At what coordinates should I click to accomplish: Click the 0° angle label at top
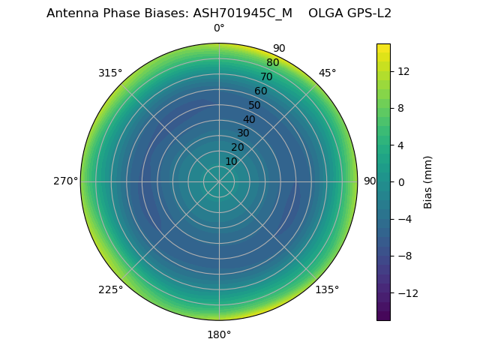(x=219, y=28)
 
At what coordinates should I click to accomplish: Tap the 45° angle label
(x=327, y=73)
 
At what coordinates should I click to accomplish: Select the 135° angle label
(x=327, y=289)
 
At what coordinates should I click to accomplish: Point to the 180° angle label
(x=219, y=334)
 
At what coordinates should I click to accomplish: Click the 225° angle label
(x=110, y=289)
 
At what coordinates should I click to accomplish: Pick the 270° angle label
(x=65, y=181)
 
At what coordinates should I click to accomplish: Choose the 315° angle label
(x=110, y=73)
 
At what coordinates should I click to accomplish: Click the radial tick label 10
(x=231, y=161)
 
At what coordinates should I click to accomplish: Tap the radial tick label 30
(x=243, y=133)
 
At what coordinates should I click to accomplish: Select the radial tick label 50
(x=255, y=105)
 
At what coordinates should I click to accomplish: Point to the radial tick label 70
(x=266, y=76)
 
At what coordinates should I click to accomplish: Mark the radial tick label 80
(x=272, y=63)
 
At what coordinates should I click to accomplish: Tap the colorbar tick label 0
(x=401, y=182)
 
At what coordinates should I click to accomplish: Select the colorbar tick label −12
(x=406, y=293)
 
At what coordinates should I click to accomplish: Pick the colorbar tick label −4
(x=406, y=219)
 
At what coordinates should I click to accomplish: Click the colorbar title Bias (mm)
(x=428, y=182)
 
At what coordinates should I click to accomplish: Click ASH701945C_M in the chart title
(x=243, y=13)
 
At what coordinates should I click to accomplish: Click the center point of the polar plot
(x=219, y=181)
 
